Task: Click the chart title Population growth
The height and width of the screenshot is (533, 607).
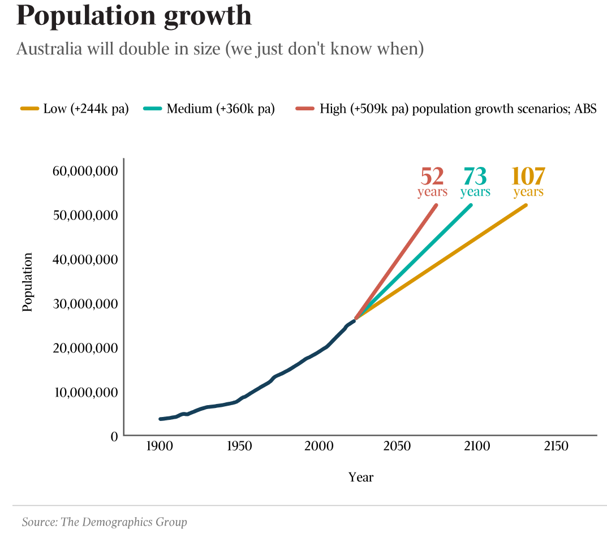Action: pos(134,16)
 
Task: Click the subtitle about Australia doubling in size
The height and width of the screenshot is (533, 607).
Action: pos(220,49)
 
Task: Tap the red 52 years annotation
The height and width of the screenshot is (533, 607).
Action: pos(432,182)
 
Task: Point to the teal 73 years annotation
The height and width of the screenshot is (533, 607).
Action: pos(475,182)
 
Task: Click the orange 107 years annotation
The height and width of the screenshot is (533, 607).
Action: pos(528,182)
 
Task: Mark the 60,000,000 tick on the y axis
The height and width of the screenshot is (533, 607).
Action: pos(85,171)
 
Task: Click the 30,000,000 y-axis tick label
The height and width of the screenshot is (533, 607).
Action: pos(85,303)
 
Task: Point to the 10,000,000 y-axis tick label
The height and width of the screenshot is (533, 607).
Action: pos(85,392)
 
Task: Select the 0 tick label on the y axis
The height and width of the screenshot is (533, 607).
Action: pos(114,436)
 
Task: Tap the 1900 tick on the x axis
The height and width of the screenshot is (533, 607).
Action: pos(160,446)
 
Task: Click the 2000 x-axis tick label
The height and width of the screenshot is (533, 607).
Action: pos(318,446)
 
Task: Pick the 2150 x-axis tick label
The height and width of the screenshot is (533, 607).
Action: pos(556,446)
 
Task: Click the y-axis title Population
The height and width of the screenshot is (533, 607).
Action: pos(28,281)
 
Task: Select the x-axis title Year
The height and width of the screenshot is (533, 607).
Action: pos(361,477)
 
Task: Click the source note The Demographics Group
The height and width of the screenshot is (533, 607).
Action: pos(104,522)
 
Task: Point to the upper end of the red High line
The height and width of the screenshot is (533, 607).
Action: pos(436,205)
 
